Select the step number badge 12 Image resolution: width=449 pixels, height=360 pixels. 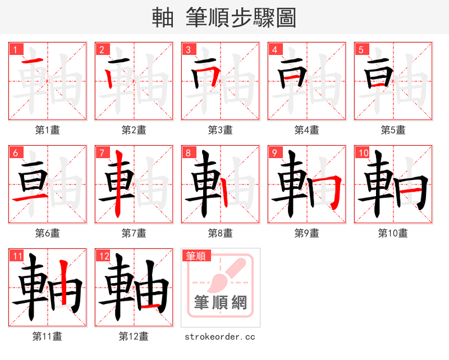(103, 256)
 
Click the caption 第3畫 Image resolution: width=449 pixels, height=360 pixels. (220, 130)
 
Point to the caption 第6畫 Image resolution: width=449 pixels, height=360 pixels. (47, 233)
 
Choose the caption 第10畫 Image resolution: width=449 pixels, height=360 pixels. (393, 233)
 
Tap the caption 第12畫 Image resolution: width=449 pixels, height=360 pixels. (134, 336)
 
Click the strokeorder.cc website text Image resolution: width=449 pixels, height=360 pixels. (220, 336)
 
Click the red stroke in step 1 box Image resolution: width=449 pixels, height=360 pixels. (33, 61)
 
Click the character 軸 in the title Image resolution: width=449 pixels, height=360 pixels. (163, 18)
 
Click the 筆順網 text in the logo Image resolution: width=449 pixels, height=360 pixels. (220, 303)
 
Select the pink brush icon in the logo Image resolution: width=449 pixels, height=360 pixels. (227, 275)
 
